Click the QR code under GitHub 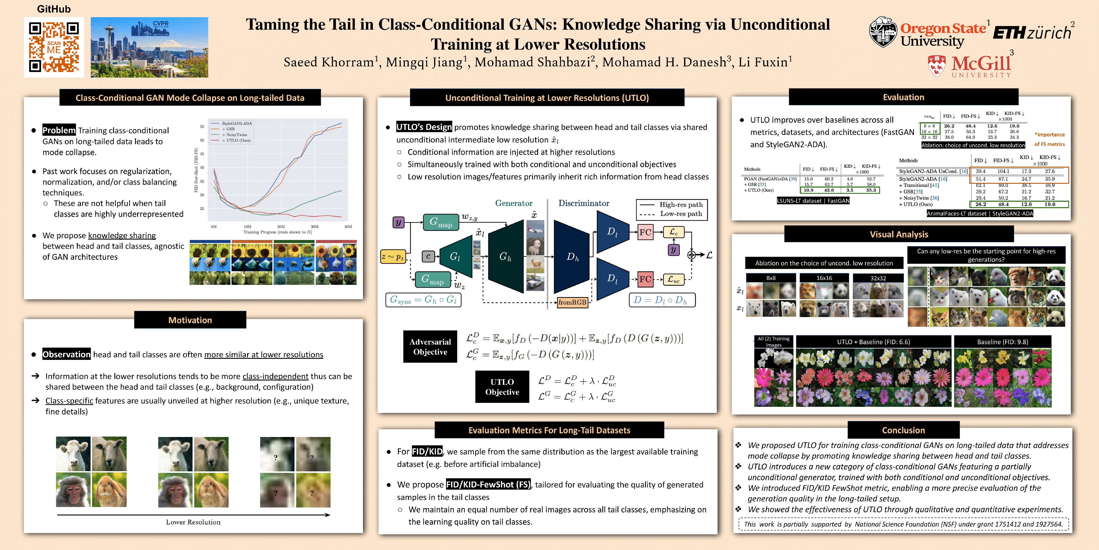point(54,47)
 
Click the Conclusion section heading point(903,430)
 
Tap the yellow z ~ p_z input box point(393,257)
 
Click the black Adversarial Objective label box point(430,347)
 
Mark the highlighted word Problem point(59,130)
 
